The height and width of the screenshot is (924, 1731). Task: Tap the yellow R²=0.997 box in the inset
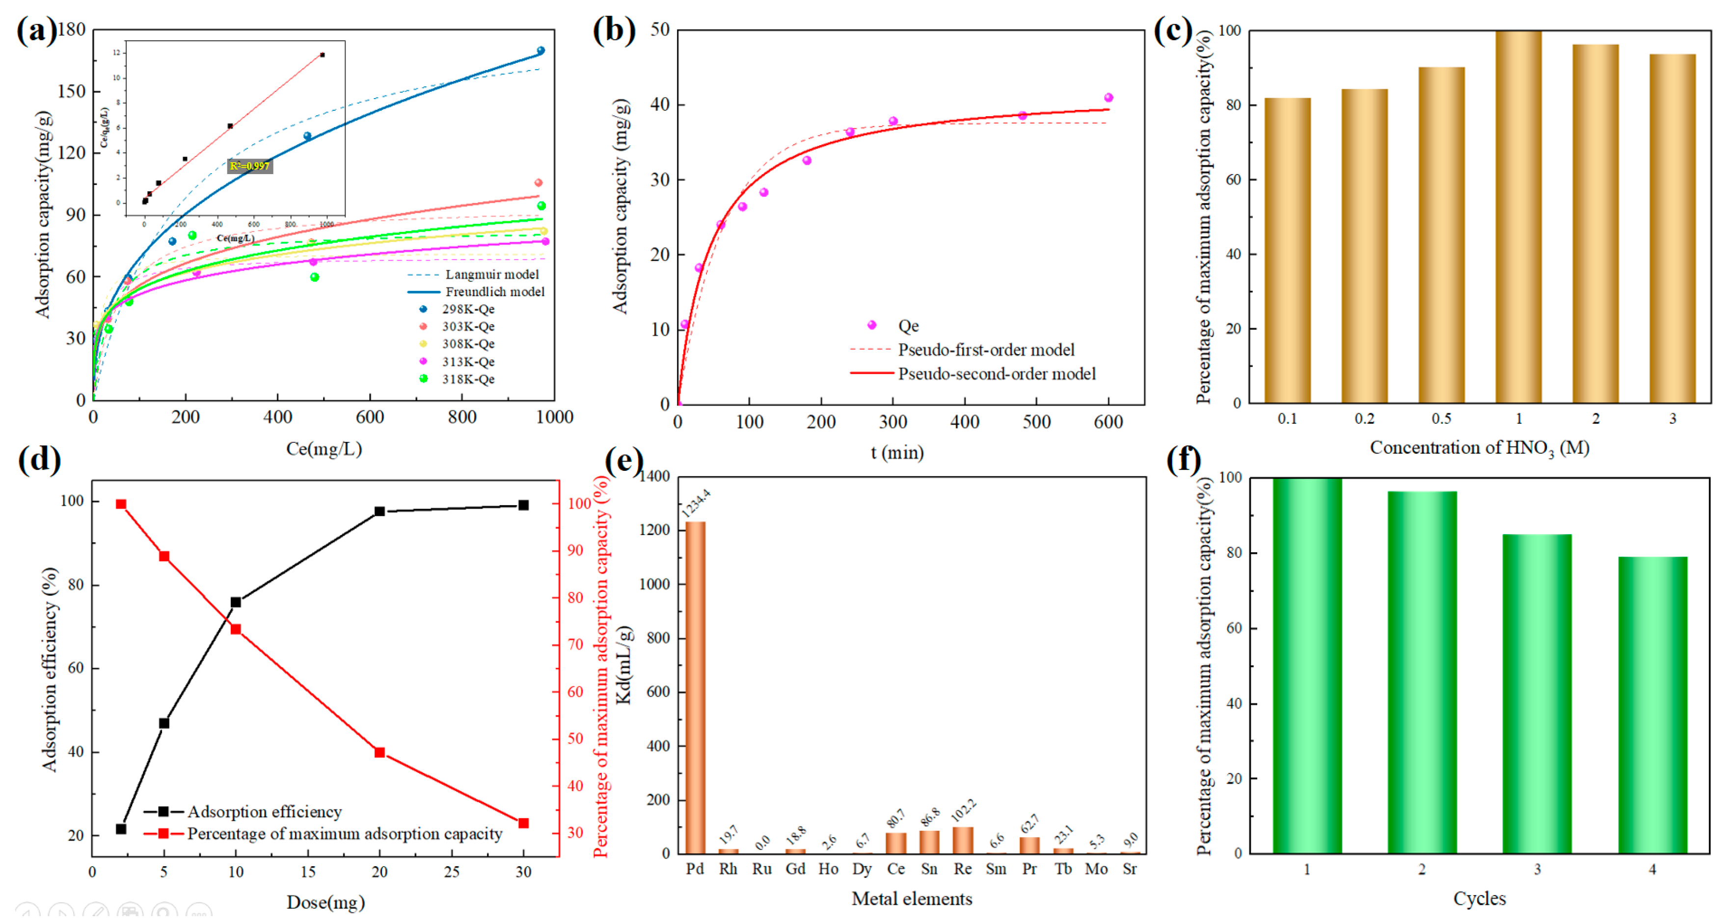[x=249, y=166]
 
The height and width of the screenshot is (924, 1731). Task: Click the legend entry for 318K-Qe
[x=468, y=379]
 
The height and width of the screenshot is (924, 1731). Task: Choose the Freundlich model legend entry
[x=494, y=291]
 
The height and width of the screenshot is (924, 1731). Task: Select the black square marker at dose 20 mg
[x=379, y=511]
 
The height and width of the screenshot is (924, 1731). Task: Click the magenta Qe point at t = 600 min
[x=1109, y=98]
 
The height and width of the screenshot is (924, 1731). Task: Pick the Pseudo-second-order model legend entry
[x=997, y=373]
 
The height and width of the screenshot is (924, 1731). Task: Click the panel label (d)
[x=39, y=460]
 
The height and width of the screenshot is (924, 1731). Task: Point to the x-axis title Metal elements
[x=912, y=898]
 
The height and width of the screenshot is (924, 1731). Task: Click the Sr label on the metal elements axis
[x=1130, y=869]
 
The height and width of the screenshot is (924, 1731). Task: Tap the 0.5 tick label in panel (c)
[x=1441, y=418]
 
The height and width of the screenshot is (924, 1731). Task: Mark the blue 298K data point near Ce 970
[x=541, y=51]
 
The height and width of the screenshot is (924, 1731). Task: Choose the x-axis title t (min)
[x=897, y=453]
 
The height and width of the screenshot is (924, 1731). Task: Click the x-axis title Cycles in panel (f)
[x=1479, y=898]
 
